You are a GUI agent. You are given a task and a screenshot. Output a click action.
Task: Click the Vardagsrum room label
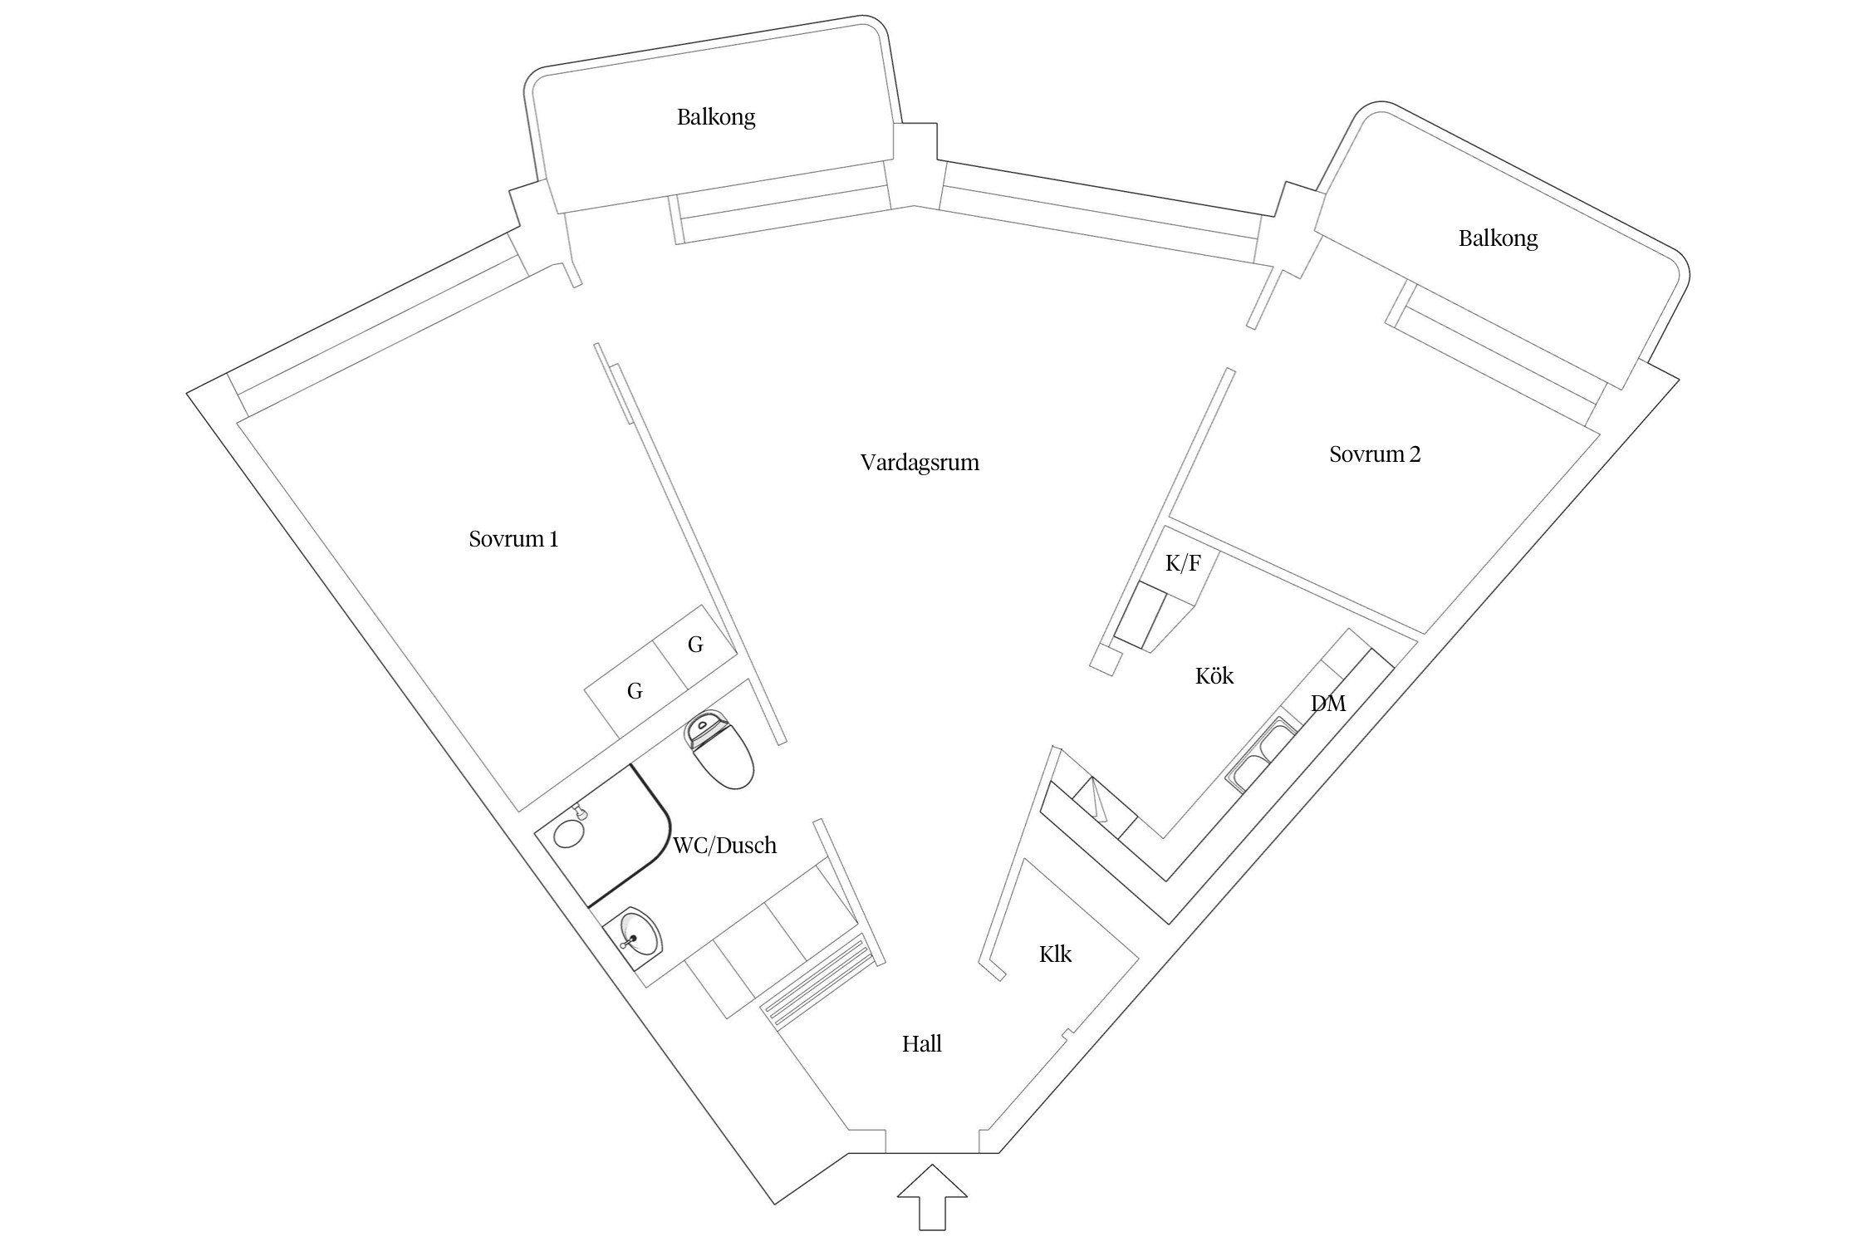click(x=920, y=463)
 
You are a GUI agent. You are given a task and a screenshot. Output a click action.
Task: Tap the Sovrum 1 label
click(x=513, y=539)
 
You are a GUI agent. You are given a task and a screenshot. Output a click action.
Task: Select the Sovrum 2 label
click(x=1375, y=454)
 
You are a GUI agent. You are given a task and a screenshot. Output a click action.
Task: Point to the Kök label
click(x=1214, y=675)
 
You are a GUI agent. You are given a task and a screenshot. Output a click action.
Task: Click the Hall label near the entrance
click(x=922, y=1044)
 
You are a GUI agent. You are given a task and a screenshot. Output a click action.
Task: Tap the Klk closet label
click(x=1055, y=954)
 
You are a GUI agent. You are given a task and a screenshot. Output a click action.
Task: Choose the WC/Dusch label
click(x=724, y=846)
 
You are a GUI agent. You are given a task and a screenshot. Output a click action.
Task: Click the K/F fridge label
click(x=1183, y=563)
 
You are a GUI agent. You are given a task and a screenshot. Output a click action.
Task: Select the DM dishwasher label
click(x=1328, y=704)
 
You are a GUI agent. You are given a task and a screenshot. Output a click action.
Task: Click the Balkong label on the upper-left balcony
click(x=716, y=117)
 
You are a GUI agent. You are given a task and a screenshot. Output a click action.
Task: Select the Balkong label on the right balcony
click(x=1498, y=239)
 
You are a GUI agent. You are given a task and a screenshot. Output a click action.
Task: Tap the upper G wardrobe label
click(x=696, y=644)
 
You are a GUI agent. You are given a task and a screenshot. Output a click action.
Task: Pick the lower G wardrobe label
click(x=635, y=690)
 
